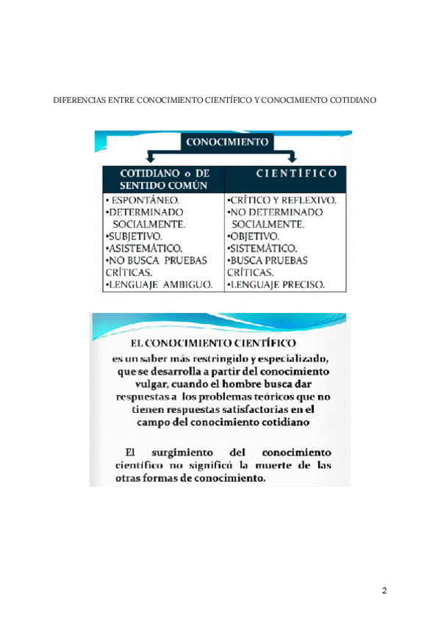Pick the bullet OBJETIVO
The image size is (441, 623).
click(255, 236)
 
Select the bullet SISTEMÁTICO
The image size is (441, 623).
click(264, 248)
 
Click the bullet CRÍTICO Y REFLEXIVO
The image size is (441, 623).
click(283, 199)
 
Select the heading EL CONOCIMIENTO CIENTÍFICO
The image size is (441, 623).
click(212, 343)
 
